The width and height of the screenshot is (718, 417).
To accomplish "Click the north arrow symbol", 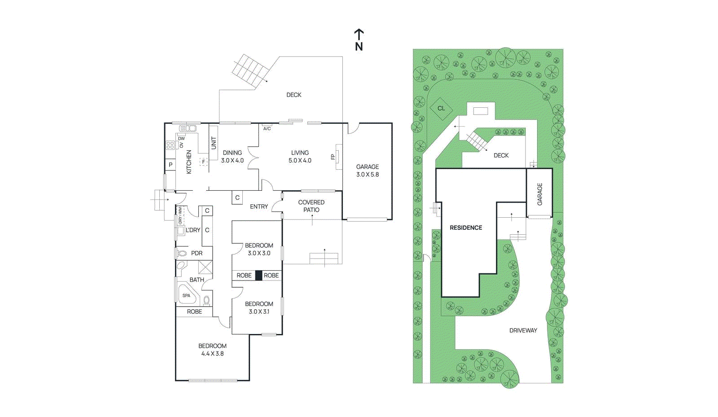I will coord(359,40).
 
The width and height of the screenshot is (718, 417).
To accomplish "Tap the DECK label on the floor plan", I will coord(294,95).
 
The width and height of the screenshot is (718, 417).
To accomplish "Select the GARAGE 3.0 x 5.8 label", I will coord(368,171).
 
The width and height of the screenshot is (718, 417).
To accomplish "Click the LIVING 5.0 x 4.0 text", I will coord(300,156).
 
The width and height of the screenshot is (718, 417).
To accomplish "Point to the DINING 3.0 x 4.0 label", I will coord(232,156).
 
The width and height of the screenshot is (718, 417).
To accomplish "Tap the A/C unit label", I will coord(267,128).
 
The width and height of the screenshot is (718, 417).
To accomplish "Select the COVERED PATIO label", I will coord(311,206).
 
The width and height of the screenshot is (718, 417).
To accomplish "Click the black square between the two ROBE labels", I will coord(258,275).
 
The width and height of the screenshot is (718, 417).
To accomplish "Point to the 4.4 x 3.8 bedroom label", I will coord(212,350).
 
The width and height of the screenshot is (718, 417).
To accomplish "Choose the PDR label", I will coord(197,253).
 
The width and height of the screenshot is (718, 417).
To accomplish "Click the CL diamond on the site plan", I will coord(441,108).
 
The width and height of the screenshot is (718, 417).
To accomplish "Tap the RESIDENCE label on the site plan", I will coord(466,228).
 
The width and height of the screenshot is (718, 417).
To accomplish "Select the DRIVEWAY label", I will coord(523,330).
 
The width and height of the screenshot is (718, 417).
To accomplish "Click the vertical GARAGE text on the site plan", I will coord(540,194).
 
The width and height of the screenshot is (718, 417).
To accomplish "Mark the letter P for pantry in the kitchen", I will coord(171,165).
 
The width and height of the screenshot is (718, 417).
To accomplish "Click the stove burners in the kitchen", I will coord(170,145).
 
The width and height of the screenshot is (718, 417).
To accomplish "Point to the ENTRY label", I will coord(259,206).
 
